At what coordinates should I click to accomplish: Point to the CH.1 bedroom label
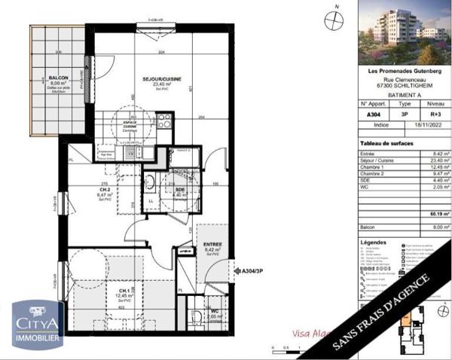[103, 289]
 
